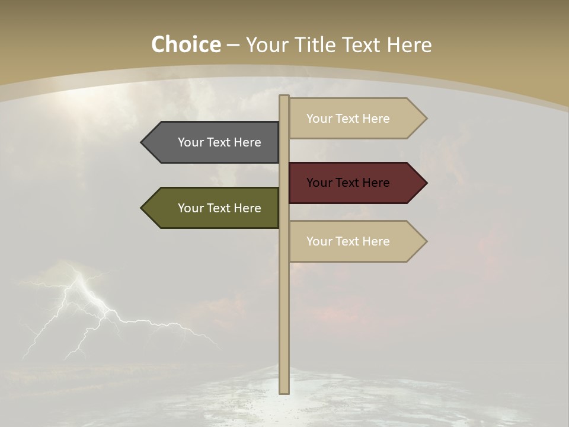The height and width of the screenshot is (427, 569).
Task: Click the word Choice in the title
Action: (186, 45)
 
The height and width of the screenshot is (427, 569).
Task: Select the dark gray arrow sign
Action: (213, 142)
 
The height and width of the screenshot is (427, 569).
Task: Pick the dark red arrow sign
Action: (356, 183)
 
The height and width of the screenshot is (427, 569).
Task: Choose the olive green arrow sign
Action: (213, 208)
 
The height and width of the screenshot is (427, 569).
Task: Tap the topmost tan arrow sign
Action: (356, 119)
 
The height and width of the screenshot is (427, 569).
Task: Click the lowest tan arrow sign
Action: (356, 241)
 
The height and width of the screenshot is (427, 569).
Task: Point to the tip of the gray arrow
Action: (142, 142)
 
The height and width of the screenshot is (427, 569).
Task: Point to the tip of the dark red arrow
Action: (426, 183)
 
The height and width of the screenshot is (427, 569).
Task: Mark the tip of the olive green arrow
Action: (142, 208)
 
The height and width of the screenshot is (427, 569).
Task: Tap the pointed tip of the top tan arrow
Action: (426, 119)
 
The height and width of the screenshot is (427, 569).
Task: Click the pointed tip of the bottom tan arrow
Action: (426, 241)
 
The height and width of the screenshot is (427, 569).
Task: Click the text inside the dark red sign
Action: (348, 183)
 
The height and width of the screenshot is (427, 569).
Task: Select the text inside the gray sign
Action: (219, 142)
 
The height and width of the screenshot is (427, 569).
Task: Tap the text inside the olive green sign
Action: (219, 208)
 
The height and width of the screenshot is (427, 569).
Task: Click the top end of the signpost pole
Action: (284, 97)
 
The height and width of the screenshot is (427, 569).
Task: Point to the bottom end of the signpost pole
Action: (284, 391)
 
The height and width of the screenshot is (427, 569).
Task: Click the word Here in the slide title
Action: (409, 45)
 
